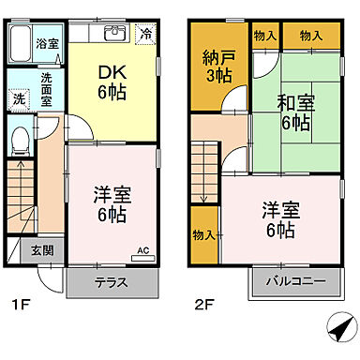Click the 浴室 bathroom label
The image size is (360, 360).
[x=45, y=44]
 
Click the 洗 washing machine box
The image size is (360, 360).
[x=19, y=97]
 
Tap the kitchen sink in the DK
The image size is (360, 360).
[x=113, y=35]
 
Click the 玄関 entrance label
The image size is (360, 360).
[x=41, y=250]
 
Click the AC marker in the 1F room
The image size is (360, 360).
[x=143, y=249]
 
